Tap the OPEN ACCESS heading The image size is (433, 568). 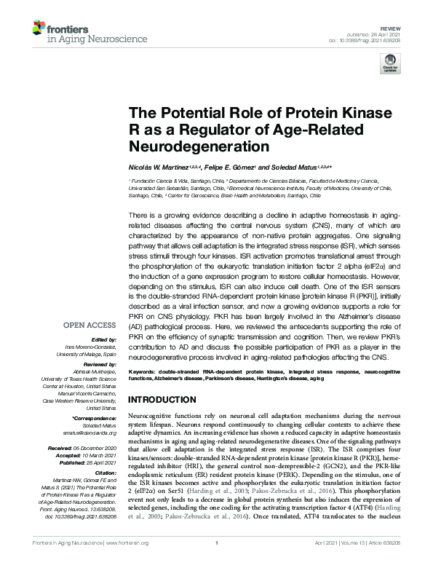(x=90, y=326)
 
